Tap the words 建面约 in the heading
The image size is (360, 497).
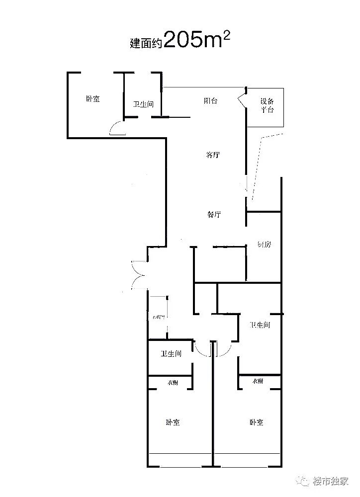tap(145, 43)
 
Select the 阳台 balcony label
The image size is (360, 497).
tap(210, 101)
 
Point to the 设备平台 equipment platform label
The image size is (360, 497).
tap(267, 106)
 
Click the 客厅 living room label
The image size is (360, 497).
tap(213, 155)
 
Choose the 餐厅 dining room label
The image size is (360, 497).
tap(214, 215)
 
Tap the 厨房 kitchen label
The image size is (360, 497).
tap(264, 245)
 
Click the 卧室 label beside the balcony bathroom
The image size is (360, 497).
tap(92, 99)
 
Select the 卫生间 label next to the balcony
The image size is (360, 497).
tap(143, 105)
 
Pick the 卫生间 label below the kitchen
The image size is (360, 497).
tap(260, 325)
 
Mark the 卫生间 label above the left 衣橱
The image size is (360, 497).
tap(171, 354)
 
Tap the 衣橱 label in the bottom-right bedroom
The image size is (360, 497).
tap(257, 381)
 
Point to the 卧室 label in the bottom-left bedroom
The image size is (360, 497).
tap(173, 422)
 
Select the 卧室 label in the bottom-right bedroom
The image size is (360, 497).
tap(257, 422)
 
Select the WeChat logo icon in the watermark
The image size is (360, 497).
tap(303, 481)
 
